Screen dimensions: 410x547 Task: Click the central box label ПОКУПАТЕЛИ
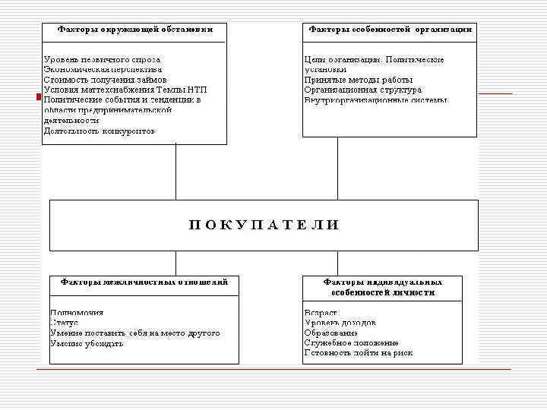click(263, 225)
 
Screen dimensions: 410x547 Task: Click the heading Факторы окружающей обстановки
click(135, 30)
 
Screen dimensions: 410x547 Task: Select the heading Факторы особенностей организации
click(390, 30)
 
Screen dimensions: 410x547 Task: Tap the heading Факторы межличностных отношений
click(144, 281)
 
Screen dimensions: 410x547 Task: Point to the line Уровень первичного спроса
click(102, 59)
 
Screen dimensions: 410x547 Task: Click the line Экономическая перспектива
click(103, 69)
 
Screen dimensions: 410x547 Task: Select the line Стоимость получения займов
click(105, 79)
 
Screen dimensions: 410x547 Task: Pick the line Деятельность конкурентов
click(99, 131)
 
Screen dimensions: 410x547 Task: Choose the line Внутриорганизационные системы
click(376, 100)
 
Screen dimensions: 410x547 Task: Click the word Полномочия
click(77, 313)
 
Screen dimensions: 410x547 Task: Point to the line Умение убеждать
click(87, 343)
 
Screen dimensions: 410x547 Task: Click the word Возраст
click(321, 313)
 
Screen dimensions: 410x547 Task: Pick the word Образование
click(331, 333)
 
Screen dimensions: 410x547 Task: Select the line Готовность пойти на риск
click(359, 353)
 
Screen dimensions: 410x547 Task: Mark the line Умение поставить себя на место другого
click(135, 333)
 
